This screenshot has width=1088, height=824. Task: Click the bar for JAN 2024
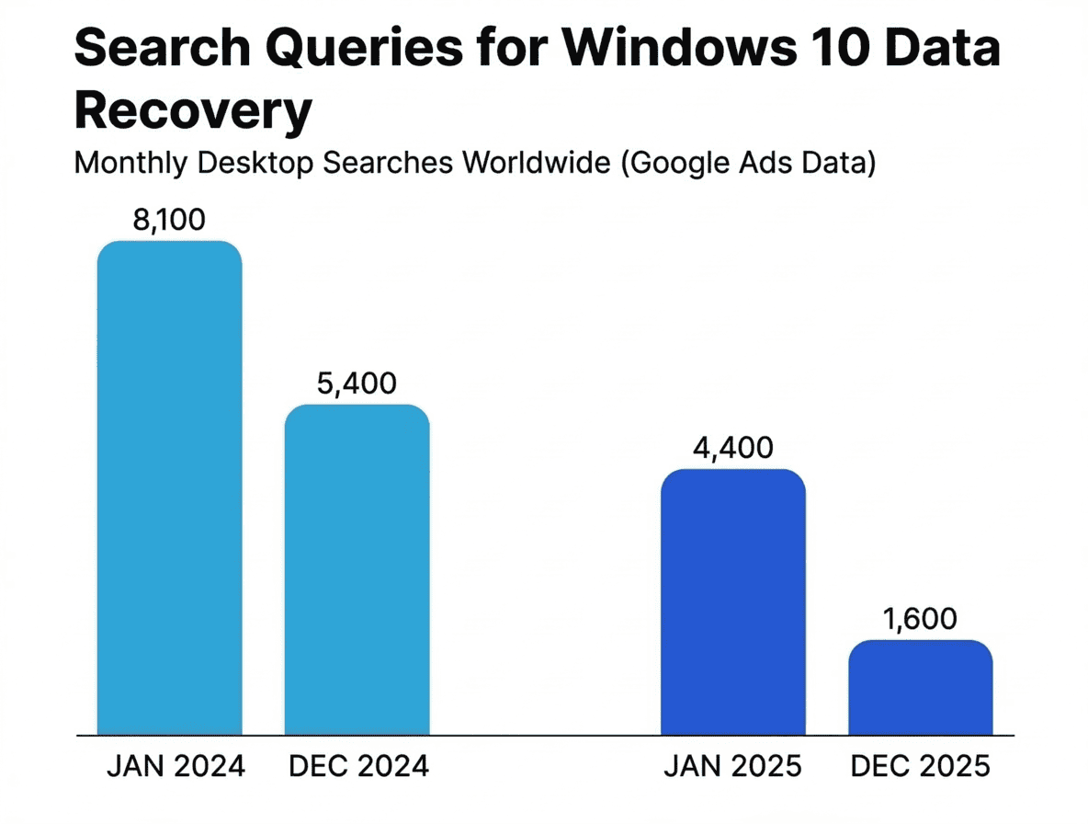click(x=170, y=487)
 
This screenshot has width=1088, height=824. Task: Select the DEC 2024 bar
click(x=357, y=569)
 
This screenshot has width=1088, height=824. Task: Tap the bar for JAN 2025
click(x=732, y=601)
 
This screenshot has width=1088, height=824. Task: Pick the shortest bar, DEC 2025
click(x=920, y=687)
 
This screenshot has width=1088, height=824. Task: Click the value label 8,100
click(x=169, y=220)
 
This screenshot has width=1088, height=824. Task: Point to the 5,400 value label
click(x=357, y=383)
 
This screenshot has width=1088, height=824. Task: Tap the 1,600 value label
click(x=920, y=619)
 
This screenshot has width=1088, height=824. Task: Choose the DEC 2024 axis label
click(x=358, y=766)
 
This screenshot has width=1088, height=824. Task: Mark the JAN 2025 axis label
click(x=733, y=766)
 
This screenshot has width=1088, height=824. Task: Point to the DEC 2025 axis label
click(x=921, y=766)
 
